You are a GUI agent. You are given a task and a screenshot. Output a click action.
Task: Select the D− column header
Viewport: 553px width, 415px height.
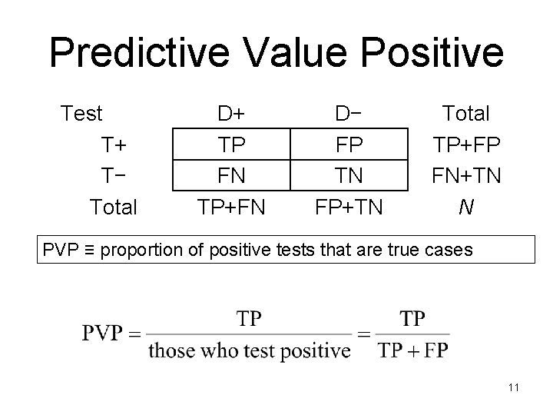click(349, 114)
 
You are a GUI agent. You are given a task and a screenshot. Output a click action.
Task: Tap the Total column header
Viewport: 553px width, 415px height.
click(466, 114)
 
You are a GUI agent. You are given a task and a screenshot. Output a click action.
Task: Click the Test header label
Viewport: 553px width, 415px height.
click(81, 114)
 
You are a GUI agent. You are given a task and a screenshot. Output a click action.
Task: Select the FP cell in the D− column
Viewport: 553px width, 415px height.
click(349, 144)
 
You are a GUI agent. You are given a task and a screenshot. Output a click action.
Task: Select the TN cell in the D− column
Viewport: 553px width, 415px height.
click(349, 175)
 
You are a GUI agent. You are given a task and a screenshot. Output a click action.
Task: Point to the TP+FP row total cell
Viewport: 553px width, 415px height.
click(466, 144)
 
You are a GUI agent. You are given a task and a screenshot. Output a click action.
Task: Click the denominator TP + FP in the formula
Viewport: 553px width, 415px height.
click(414, 350)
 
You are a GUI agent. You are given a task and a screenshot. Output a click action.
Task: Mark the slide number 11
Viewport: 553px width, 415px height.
click(514, 387)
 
